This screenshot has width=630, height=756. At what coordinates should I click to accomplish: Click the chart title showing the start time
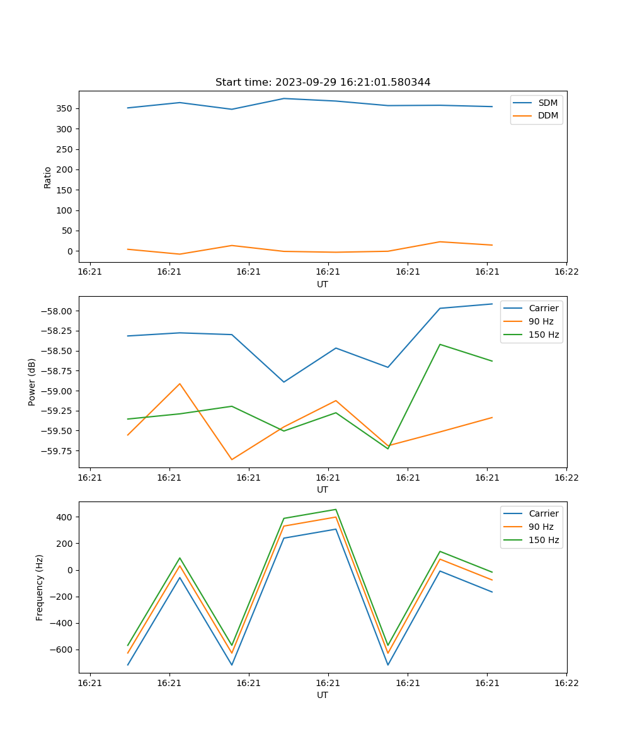coord(323,83)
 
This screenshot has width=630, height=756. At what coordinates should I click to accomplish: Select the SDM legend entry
coord(547,103)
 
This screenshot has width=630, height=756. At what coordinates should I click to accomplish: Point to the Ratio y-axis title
coord(48,177)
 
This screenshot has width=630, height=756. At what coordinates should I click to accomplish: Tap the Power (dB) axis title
coord(32,382)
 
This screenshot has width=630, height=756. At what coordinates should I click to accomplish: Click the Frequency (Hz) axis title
coord(40,587)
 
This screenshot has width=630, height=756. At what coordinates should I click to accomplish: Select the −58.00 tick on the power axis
coord(59,311)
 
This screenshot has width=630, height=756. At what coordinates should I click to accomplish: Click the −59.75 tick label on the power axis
coord(59,451)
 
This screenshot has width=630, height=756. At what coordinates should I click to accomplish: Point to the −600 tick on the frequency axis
coord(62,650)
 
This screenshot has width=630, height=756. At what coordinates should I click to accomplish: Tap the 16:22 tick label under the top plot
coord(566,272)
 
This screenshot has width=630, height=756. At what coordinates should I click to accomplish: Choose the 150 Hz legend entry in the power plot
coord(544,335)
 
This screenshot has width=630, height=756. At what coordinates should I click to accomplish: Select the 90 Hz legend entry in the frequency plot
coord(541,527)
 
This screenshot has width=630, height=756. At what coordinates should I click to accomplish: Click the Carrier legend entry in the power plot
coord(543,308)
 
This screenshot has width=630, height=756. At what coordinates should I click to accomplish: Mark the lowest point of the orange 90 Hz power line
coord(232,459)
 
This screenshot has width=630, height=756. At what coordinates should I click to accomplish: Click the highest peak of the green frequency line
coord(336,510)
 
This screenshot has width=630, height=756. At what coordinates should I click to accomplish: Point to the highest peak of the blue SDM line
coord(284,98)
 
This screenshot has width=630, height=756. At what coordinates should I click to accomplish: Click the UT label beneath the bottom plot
coord(323,695)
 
